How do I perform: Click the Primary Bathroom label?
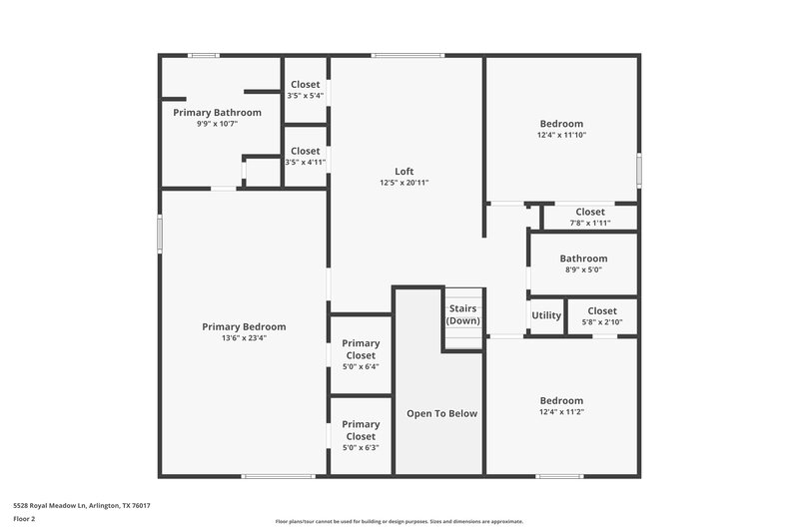click(x=217, y=113)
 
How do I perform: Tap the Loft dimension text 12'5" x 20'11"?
click(x=403, y=183)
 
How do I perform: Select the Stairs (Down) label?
click(x=463, y=314)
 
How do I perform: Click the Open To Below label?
click(x=441, y=413)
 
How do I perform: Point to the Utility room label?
click(x=546, y=315)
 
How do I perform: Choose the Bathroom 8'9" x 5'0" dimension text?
click(x=583, y=269)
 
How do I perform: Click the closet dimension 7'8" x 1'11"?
click(x=589, y=223)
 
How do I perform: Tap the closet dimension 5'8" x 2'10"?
click(x=601, y=322)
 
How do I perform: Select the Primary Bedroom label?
click(x=244, y=326)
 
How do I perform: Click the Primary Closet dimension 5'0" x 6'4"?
click(x=361, y=366)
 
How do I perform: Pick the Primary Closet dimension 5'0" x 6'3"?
click(x=361, y=447)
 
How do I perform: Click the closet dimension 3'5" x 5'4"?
click(x=306, y=96)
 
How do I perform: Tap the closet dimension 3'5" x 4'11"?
click(x=306, y=162)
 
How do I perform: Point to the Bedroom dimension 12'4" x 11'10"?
click(x=561, y=135)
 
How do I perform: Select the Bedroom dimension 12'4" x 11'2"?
click(x=561, y=411)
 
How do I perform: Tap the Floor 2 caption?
click(x=24, y=519)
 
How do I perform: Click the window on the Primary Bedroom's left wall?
click(x=160, y=235)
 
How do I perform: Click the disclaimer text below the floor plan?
click(x=399, y=521)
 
